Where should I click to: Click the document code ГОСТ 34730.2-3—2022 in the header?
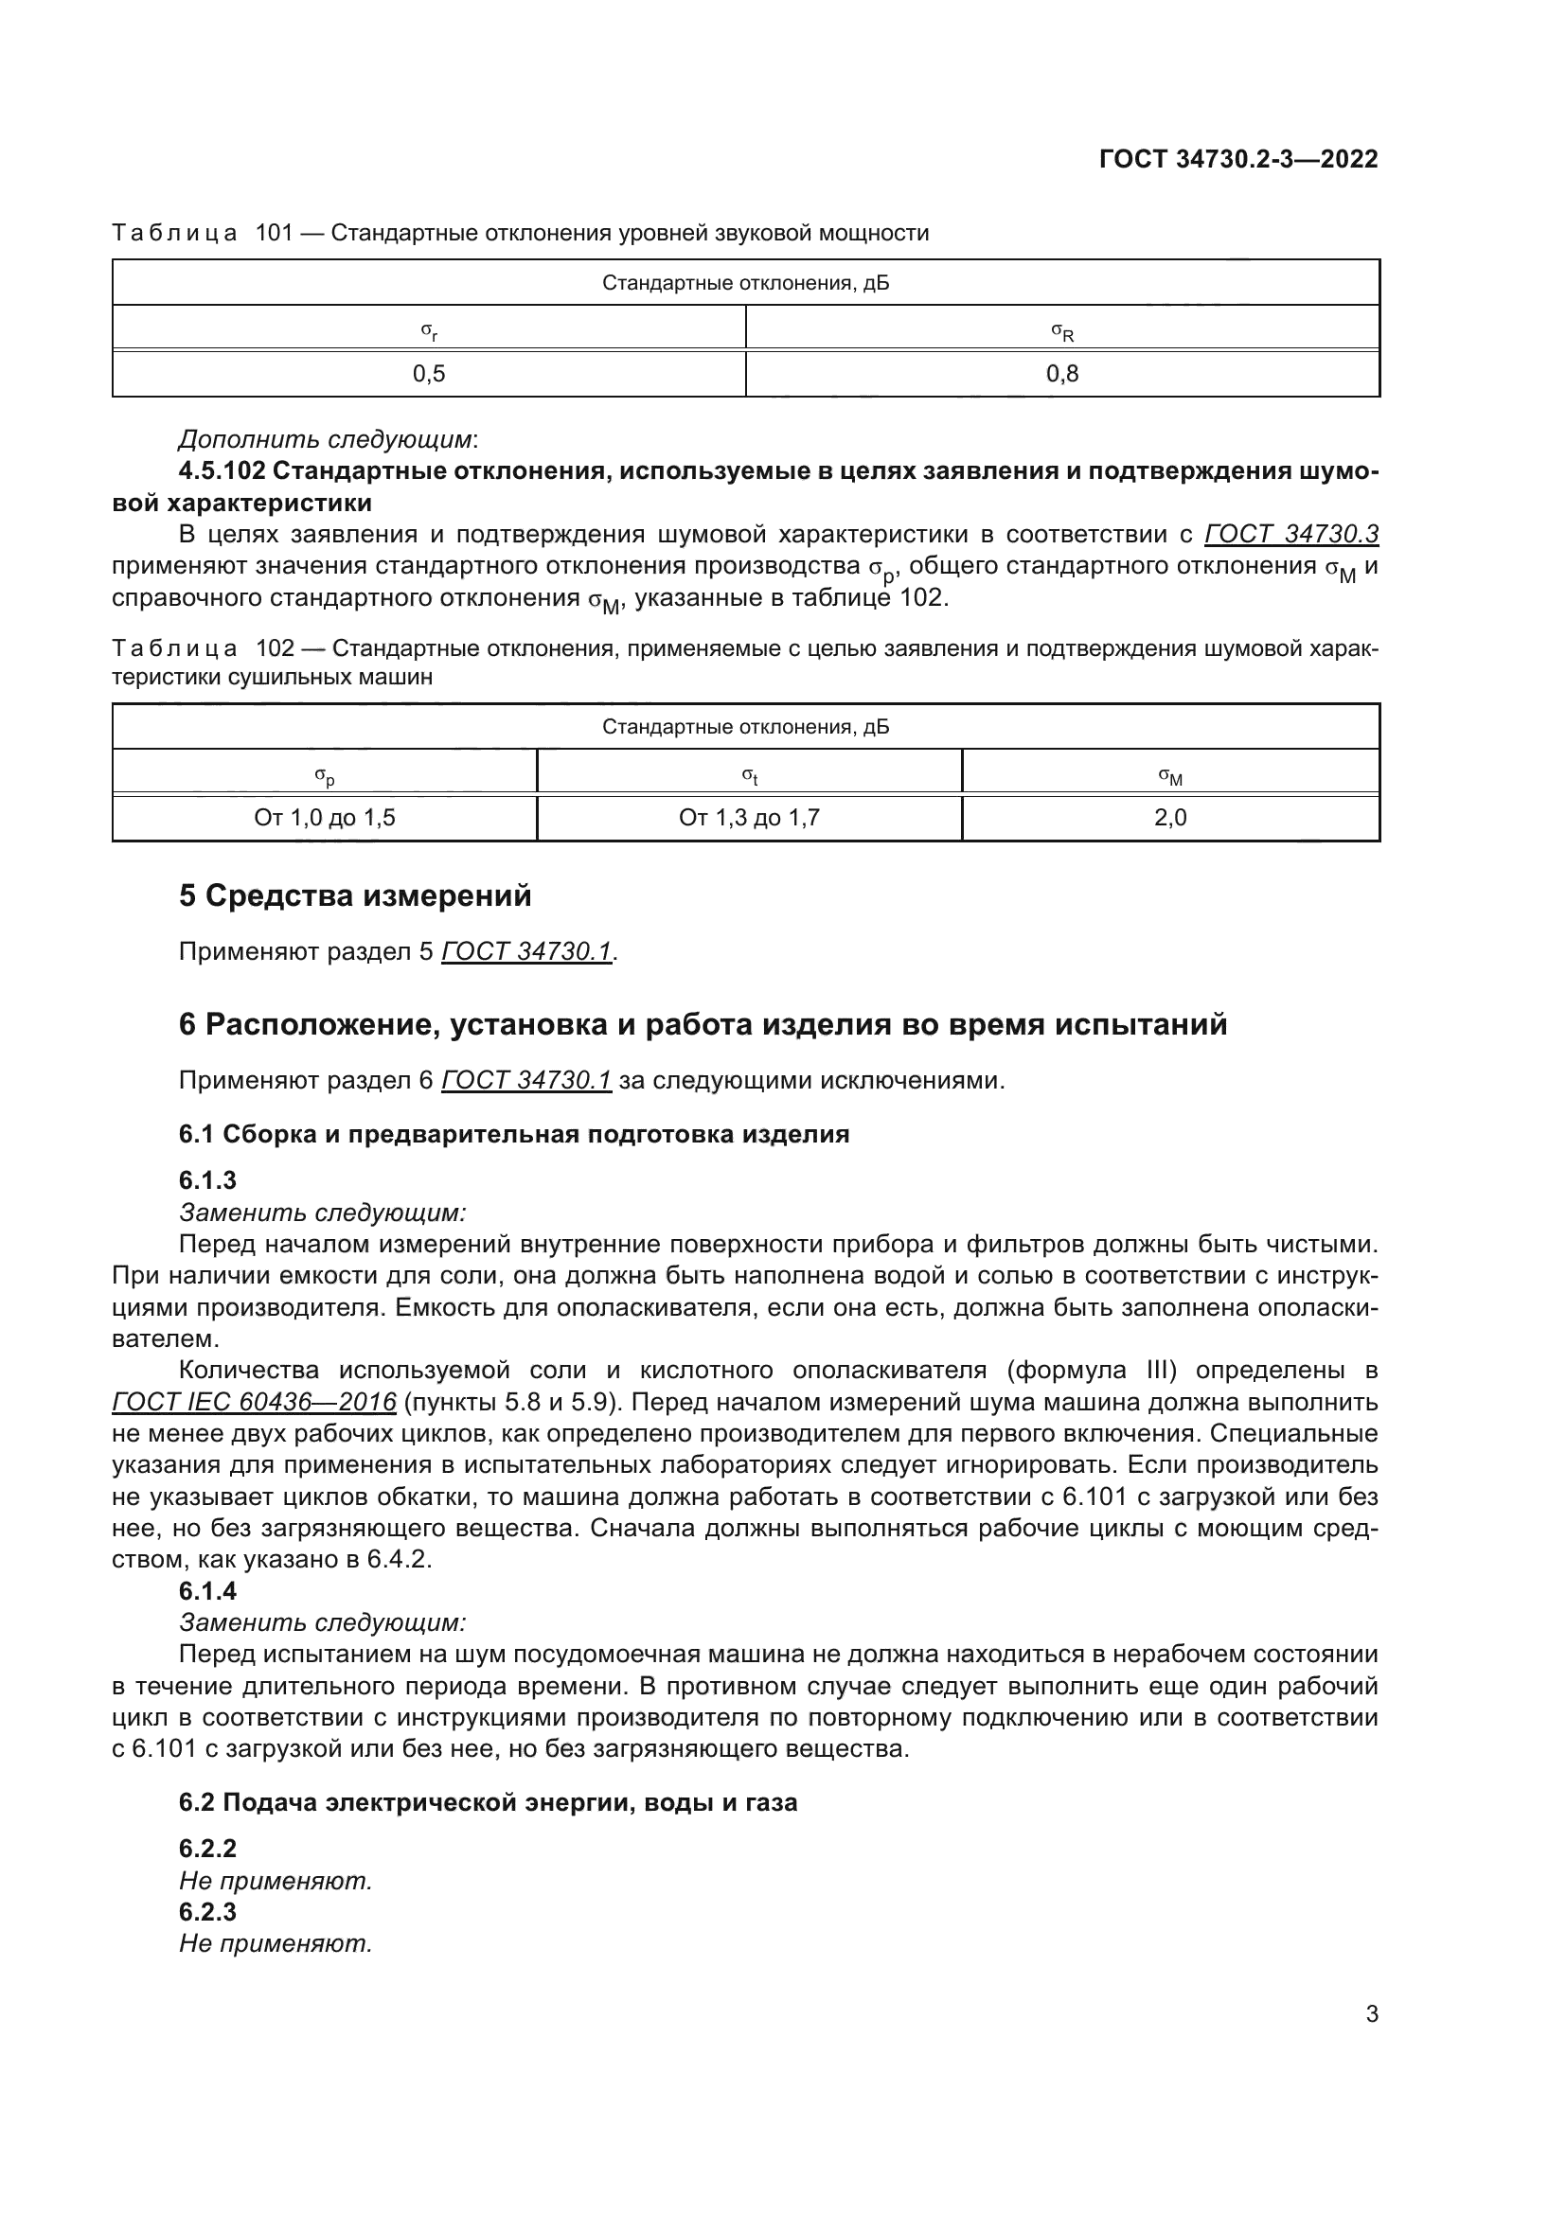point(1238,159)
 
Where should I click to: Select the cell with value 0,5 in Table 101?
point(429,374)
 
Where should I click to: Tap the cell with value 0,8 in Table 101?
point(1061,374)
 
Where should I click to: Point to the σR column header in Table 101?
point(1061,332)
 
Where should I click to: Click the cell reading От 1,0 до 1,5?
point(325,818)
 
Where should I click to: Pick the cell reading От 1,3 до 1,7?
point(749,818)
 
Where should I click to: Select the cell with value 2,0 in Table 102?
point(1169,818)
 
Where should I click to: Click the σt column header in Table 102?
point(749,775)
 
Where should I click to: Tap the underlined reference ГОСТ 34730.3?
point(1291,534)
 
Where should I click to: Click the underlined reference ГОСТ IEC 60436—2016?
point(255,1401)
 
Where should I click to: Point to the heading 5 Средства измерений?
point(355,895)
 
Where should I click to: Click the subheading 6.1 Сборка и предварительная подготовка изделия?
point(514,1134)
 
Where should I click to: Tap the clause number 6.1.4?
point(208,1590)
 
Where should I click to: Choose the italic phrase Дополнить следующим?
point(326,440)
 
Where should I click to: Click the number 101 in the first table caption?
point(274,234)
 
